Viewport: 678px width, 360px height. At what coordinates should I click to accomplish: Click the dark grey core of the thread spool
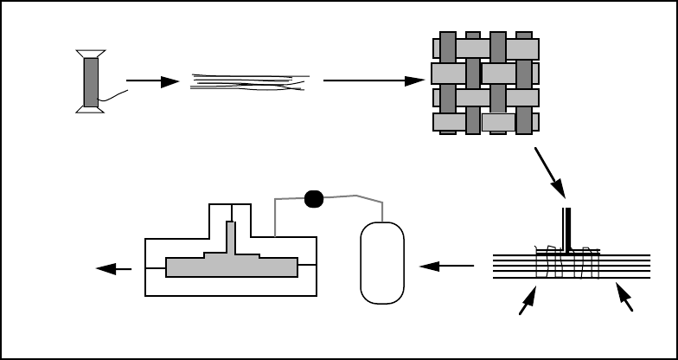92,81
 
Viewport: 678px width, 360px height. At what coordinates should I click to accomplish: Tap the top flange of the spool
92,54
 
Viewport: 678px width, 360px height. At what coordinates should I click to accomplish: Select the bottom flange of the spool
92,109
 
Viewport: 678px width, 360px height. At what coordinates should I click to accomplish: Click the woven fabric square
484,83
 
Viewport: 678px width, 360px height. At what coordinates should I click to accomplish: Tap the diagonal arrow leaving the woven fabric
550,172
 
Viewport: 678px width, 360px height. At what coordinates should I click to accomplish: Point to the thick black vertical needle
568,229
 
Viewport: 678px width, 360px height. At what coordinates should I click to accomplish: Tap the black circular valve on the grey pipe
314,199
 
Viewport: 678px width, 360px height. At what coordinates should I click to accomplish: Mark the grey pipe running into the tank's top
367,204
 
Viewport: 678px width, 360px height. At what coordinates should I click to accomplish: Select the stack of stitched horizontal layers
571,266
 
